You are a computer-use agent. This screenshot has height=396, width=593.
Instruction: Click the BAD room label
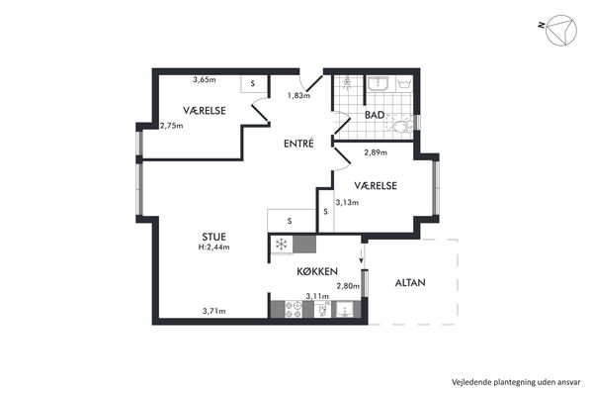375,115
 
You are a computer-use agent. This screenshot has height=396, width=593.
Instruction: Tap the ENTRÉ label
298,144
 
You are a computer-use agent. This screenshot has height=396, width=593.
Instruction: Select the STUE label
214,237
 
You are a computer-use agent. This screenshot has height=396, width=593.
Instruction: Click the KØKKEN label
317,271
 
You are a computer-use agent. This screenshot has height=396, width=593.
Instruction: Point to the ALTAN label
410,282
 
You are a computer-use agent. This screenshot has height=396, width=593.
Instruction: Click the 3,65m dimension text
205,79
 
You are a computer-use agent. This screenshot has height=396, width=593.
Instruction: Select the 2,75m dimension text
171,126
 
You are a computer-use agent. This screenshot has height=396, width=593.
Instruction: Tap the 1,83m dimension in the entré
298,95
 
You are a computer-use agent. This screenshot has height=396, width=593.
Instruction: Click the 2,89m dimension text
376,152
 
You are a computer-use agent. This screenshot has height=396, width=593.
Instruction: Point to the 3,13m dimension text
347,202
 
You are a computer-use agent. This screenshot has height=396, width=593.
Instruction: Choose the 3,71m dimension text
214,311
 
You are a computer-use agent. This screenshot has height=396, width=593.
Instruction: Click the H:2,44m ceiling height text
214,247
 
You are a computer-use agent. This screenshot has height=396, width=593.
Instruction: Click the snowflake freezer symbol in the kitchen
281,245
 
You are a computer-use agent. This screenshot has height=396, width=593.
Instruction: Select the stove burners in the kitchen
294,309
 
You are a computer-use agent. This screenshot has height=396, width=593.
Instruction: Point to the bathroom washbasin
378,83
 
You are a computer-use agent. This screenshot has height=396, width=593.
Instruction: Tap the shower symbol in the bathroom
348,82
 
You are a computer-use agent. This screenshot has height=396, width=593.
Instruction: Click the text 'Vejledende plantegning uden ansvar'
516,382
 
